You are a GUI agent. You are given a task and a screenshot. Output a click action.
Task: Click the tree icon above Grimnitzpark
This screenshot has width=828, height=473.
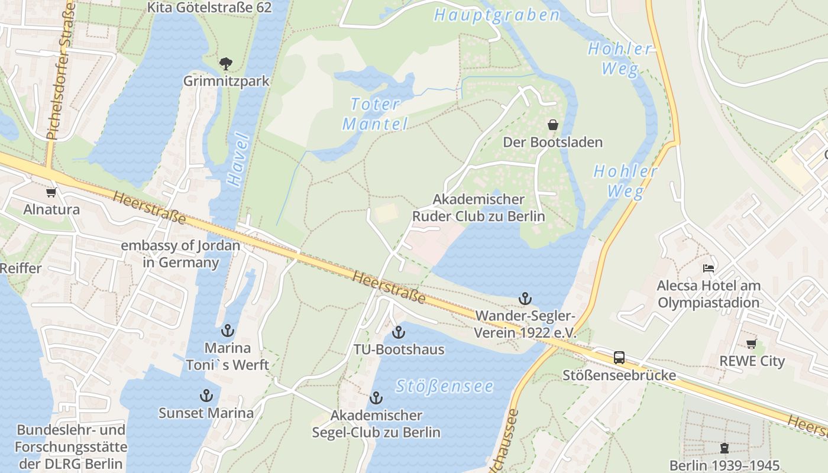click(x=225, y=63)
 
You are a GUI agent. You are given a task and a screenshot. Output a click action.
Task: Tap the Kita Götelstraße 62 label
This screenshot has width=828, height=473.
click(x=209, y=8)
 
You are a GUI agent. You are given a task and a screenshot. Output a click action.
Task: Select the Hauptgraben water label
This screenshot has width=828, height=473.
click(x=496, y=15)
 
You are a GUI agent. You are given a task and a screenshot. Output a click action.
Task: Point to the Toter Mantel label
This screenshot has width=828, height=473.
click(x=376, y=114)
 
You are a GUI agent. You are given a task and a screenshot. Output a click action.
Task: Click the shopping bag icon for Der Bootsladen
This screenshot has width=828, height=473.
click(x=553, y=125)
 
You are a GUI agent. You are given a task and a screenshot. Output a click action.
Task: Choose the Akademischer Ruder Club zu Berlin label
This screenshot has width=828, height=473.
click(x=478, y=208)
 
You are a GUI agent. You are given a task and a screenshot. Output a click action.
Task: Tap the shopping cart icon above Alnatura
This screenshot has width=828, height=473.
click(x=51, y=192)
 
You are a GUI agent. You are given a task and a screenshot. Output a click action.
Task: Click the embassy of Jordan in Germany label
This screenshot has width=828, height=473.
click(x=180, y=254)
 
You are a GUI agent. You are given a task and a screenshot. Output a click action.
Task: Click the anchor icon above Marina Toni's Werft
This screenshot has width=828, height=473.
click(x=228, y=331)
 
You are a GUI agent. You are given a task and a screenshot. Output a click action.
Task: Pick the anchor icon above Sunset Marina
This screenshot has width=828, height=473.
click(x=206, y=396)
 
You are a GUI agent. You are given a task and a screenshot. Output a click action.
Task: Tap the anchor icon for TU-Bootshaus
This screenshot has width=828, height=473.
click(x=399, y=332)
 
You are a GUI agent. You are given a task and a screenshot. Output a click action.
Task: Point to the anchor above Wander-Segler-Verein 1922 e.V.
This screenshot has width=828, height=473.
click(x=525, y=299)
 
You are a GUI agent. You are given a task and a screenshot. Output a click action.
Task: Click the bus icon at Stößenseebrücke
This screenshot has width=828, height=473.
click(x=619, y=358)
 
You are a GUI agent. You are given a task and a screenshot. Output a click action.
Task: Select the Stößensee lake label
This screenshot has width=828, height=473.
click(x=444, y=387)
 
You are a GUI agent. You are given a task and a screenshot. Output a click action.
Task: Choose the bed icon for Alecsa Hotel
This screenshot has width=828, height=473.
click(x=709, y=268)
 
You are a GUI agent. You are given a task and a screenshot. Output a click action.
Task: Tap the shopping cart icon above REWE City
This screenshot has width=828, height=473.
click(x=751, y=344)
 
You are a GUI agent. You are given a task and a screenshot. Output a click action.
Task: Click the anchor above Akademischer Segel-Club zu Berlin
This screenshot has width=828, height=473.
click(x=376, y=398)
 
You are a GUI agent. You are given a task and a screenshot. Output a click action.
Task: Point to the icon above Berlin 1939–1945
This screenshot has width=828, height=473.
click(x=724, y=448)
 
